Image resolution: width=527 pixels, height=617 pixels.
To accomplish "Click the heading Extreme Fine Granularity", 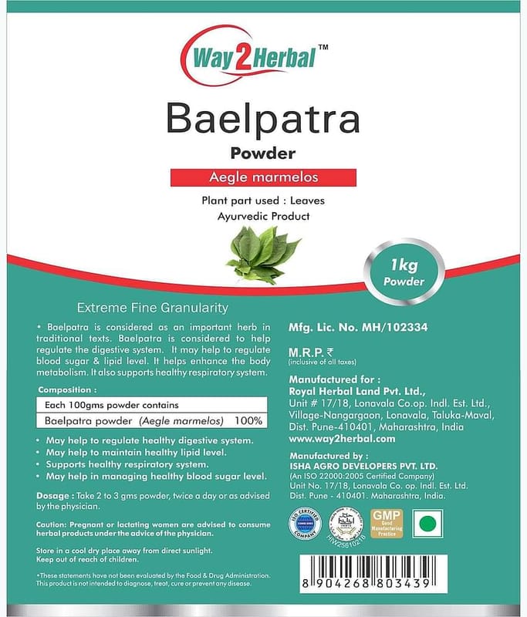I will coord(147,308).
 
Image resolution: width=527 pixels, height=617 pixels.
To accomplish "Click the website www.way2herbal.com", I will coord(342,438).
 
